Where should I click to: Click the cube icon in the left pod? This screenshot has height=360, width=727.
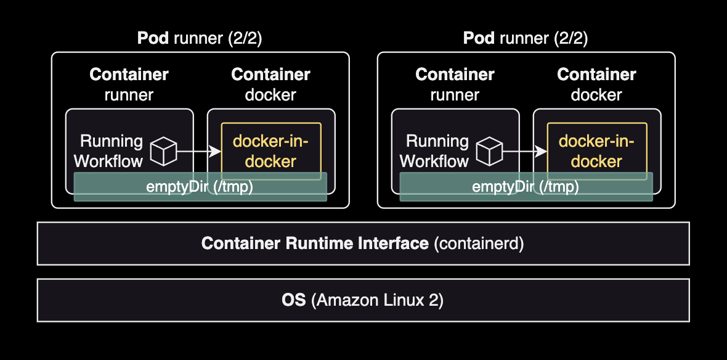(x=164, y=151)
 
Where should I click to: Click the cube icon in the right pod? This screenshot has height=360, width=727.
(x=490, y=151)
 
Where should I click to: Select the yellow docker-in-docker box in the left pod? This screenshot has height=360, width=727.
(x=271, y=151)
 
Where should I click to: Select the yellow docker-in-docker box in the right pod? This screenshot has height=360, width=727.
(x=597, y=151)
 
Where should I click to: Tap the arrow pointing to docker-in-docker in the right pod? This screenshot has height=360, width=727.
(x=524, y=151)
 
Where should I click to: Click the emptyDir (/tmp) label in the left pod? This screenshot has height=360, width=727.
(x=200, y=187)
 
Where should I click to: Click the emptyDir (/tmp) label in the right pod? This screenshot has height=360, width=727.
(x=526, y=187)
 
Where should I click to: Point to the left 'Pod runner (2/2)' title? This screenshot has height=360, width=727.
(x=200, y=38)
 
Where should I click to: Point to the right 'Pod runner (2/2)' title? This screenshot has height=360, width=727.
(x=526, y=38)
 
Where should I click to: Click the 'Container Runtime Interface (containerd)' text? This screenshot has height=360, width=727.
(x=363, y=243)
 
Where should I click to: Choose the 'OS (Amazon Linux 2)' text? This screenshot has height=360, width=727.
(x=363, y=300)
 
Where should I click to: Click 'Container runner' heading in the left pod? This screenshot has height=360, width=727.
(x=129, y=84)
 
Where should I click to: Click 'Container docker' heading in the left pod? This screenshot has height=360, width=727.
(x=270, y=84)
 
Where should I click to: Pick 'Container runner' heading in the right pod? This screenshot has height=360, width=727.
(x=455, y=84)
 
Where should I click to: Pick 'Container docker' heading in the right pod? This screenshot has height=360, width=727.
(x=596, y=84)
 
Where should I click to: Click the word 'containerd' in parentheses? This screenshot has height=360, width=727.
(x=479, y=243)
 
